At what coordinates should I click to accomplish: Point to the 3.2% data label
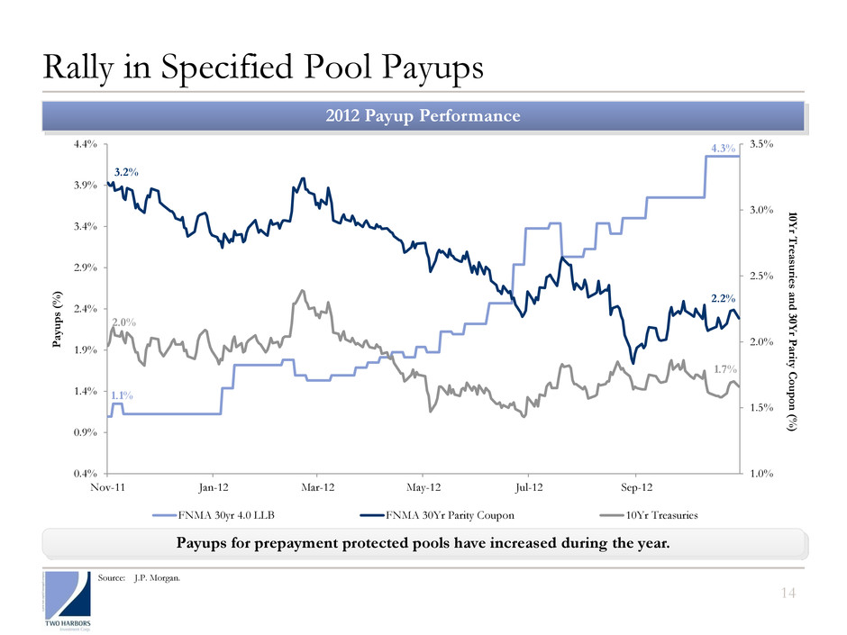tap(125, 170)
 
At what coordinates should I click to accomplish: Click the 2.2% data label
tap(724, 296)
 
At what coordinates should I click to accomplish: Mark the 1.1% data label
tap(123, 395)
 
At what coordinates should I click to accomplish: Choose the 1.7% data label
tap(726, 368)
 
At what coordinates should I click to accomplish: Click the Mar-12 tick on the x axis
tap(318, 486)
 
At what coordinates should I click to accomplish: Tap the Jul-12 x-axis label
tap(529, 486)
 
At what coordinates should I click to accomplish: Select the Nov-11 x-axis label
tap(108, 486)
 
